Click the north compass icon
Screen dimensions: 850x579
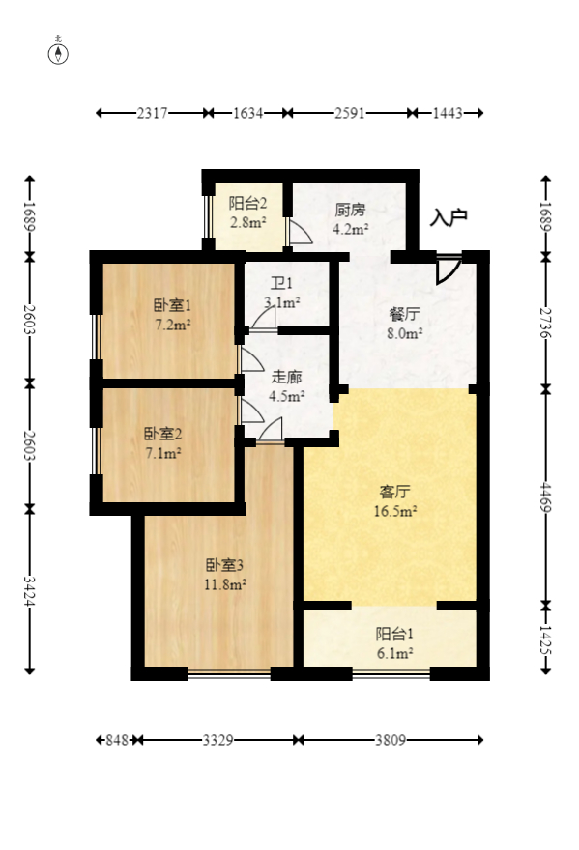click(x=60, y=52)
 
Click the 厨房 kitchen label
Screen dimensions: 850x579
click(x=350, y=210)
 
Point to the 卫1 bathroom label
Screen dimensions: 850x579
click(x=281, y=284)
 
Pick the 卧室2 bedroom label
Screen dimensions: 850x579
click(x=162, y=434)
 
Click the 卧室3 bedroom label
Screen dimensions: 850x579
click(x=224, y=565)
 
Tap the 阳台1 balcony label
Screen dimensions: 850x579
click(x=394, y=635)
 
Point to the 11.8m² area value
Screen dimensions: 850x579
click(x=224, y=583)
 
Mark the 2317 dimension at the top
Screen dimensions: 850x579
click(x=153, y=114)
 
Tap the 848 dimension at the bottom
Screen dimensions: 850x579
click(x=116, y=741)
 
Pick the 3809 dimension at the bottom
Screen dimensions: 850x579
click(x=391, y=741)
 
